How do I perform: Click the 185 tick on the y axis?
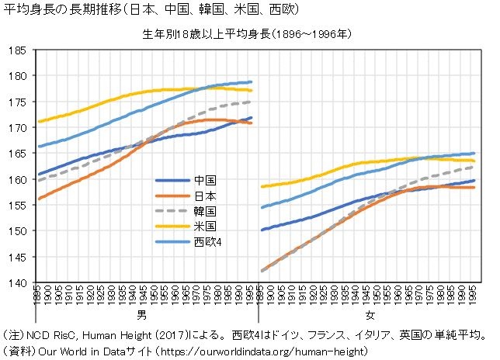(x=16, y=50)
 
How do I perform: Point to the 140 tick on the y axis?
(x=16, y=282)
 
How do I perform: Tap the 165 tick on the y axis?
(x=16, y=154)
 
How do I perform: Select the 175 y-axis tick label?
(x=16, y=102)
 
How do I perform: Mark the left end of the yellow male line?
(x=38, y=121)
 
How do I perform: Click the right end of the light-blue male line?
(x=252, y=81)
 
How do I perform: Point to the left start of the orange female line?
(x=262, y=271)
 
